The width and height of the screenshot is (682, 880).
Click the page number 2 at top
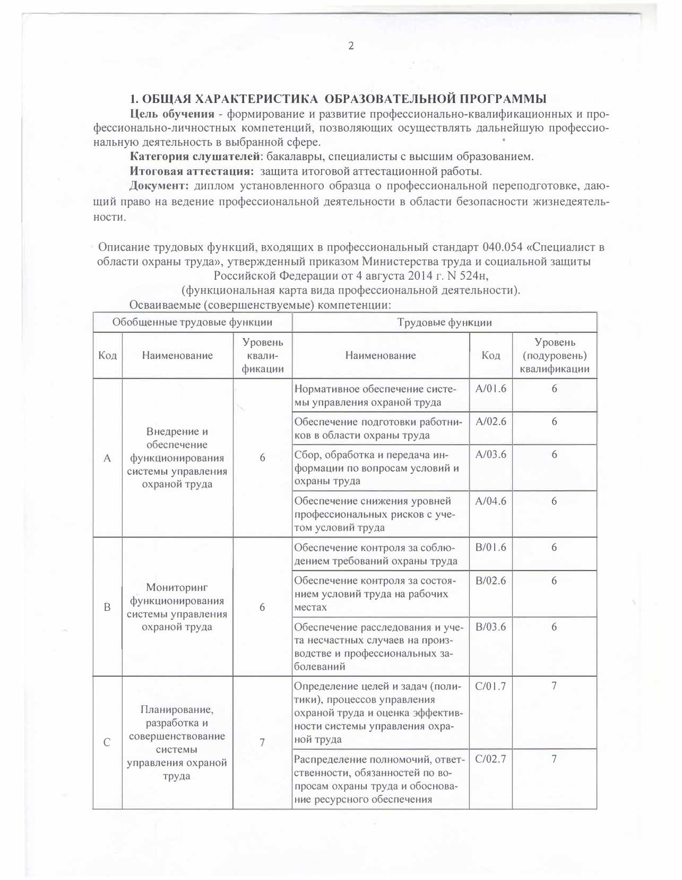(351, 46)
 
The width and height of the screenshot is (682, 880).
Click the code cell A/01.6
(490, 389)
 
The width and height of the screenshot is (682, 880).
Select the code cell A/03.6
(490, 454)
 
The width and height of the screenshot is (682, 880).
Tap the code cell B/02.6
(490, 581)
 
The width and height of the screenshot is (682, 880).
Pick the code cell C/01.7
(490, 686)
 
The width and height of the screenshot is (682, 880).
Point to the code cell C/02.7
(490, 759)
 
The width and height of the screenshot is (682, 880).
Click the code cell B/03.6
(490, 627)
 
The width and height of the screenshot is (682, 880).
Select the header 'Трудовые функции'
(444, 322)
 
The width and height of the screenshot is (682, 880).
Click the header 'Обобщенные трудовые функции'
(192, 322)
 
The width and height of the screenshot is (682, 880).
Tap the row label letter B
(107, 607)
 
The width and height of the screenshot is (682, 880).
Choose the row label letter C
(107, 743)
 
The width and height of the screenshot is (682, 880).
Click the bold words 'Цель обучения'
(172, 114)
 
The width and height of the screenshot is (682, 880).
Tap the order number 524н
(470, 276)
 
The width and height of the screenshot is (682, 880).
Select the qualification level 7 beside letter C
(262, 743)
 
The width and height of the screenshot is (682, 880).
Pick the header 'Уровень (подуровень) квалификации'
(554, 356)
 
